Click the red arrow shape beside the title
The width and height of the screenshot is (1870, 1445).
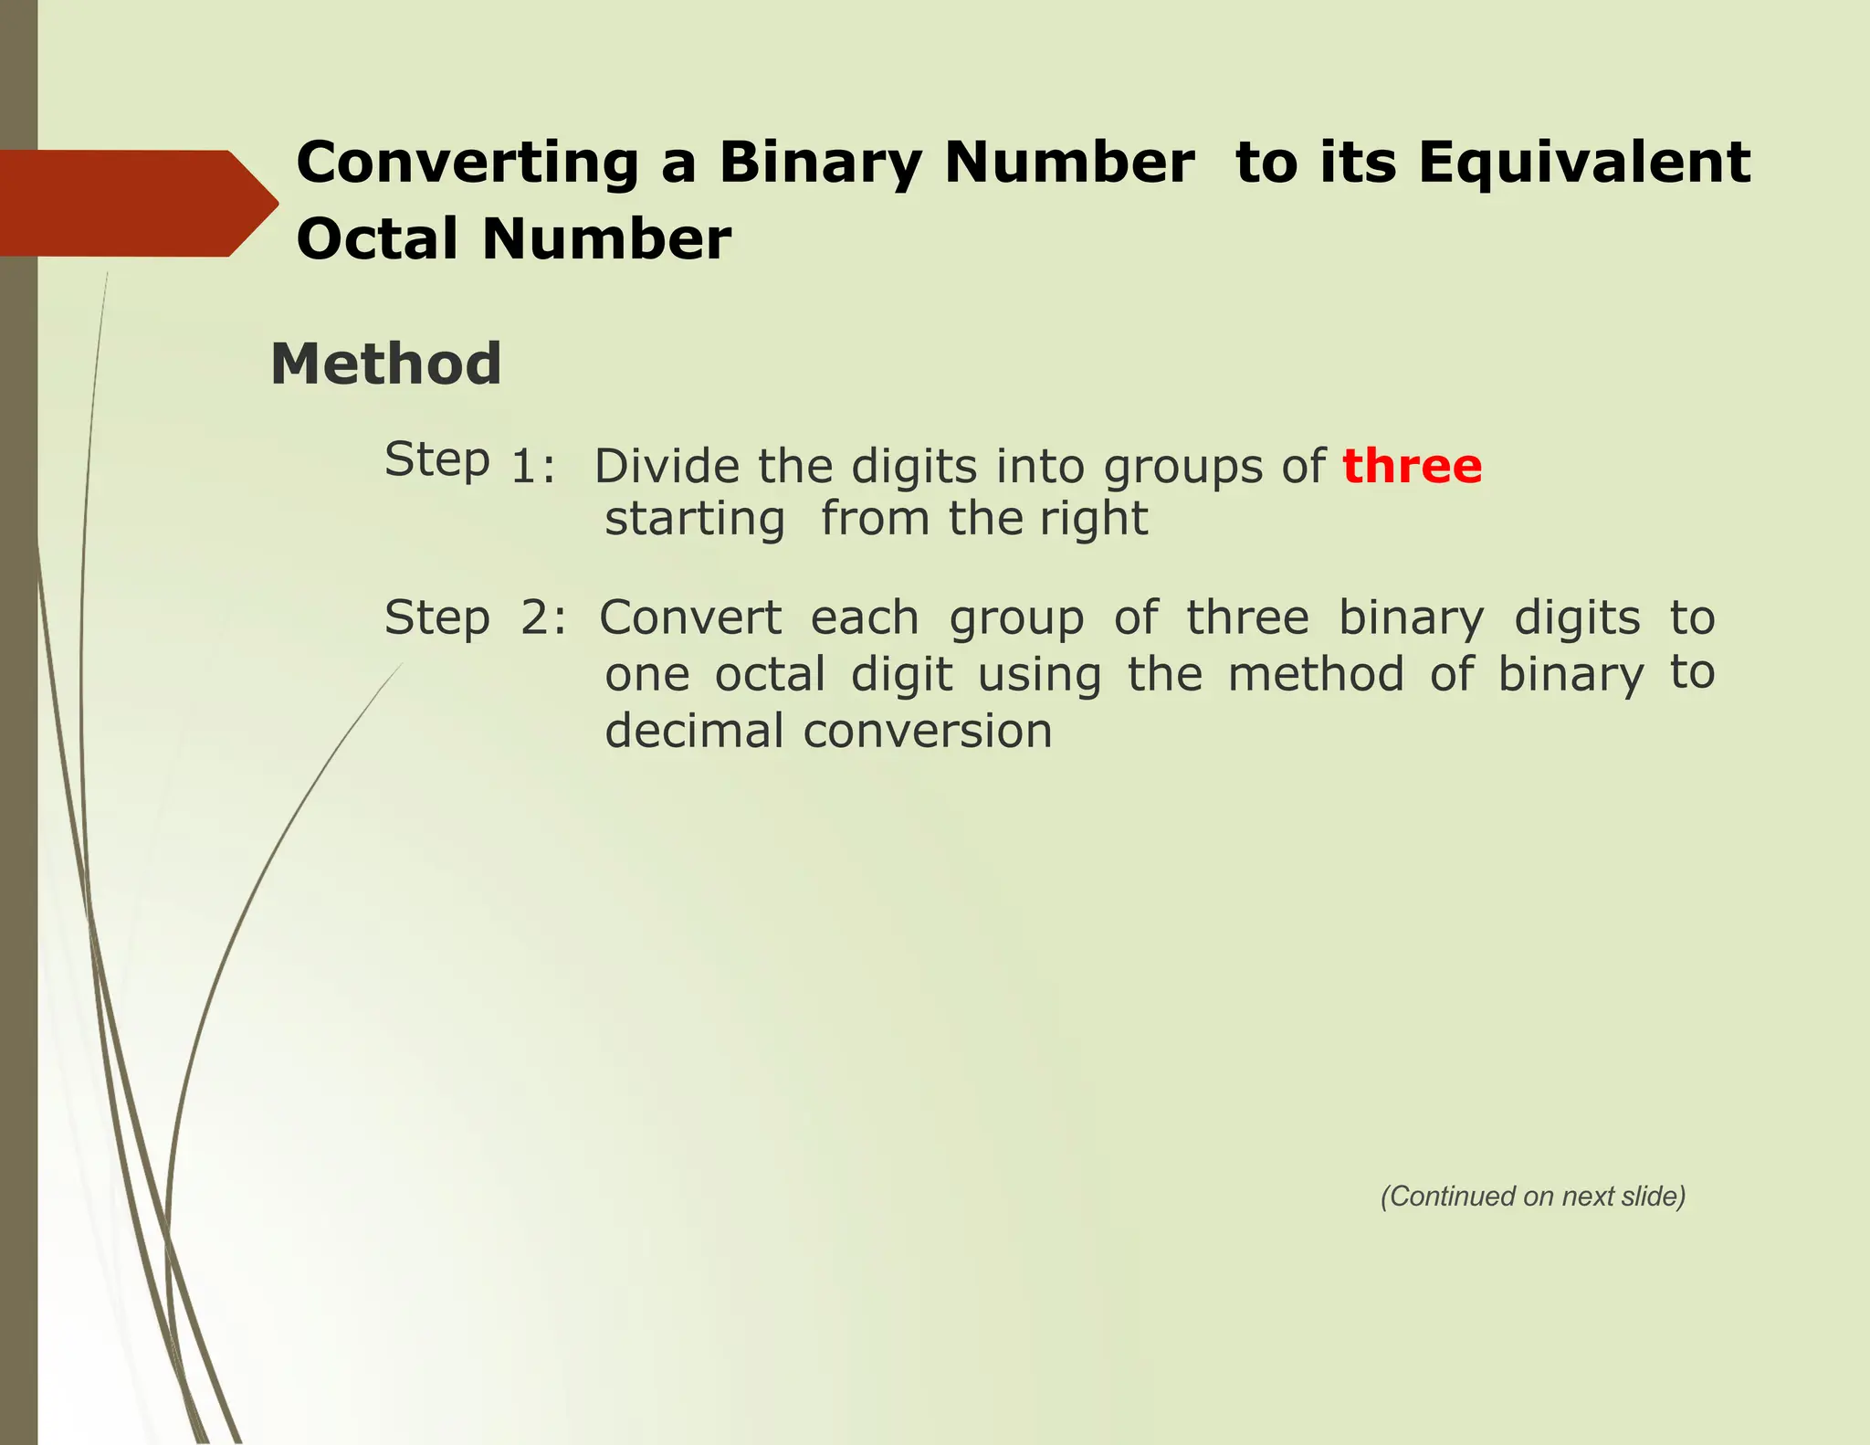[137, 203]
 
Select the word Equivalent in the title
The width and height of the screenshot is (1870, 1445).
[1584, 163]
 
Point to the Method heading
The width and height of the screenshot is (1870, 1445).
[385, 364]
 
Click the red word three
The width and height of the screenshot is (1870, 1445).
[1412, 467]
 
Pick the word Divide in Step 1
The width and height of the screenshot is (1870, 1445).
[667, 467]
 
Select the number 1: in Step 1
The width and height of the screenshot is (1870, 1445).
[533, 468]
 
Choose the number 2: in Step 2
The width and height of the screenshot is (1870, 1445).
[543, 618]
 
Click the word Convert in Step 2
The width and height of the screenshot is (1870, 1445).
[690, 618]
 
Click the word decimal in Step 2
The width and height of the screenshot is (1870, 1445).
[694, 732]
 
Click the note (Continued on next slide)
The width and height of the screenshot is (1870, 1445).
[1532, 1197]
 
